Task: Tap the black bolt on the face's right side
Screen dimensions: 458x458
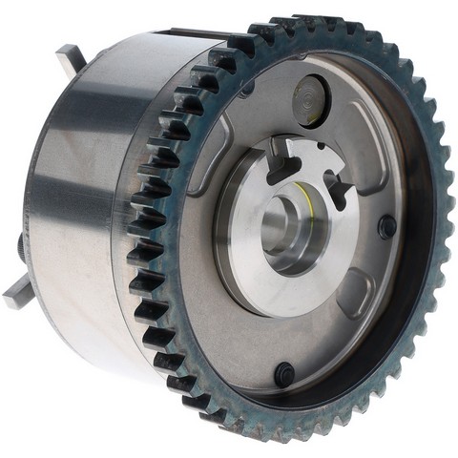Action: click(386, 227)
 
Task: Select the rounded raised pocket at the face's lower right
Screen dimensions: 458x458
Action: click(357, 290)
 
